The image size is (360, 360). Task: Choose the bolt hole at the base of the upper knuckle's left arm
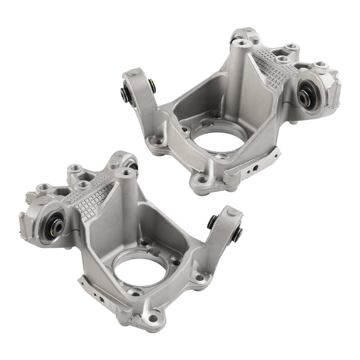[158, 142]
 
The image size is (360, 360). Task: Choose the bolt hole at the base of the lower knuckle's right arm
[202, 278]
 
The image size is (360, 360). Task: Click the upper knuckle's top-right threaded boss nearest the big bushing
[321, 64]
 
